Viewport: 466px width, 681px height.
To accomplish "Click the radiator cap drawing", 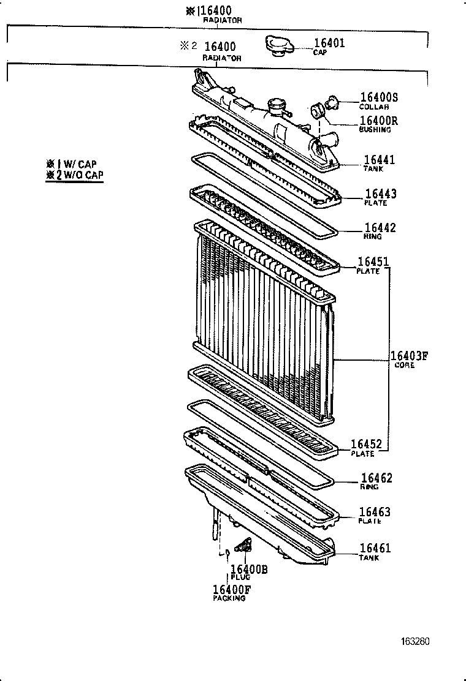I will coord(279,46).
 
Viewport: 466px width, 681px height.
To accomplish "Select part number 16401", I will coord(329,43).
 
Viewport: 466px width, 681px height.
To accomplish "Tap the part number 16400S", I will coord(379,97).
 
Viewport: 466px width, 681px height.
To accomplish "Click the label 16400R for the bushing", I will coord(379,120).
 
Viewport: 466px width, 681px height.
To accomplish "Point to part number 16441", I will coord(379,160).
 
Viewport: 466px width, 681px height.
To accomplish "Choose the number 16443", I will coord(380,194).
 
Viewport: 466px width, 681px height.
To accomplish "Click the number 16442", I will coord(380,228).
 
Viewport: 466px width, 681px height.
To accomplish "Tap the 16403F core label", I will coord(409,356).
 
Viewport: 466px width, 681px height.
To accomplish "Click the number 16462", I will coord(376,478).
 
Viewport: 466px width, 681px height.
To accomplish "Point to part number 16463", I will coord(375,512).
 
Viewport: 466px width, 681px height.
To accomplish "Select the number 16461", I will coord(375,549).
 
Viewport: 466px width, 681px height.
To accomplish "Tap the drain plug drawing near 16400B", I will coord(244,546).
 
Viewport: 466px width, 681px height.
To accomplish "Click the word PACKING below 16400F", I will coord(229,598).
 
